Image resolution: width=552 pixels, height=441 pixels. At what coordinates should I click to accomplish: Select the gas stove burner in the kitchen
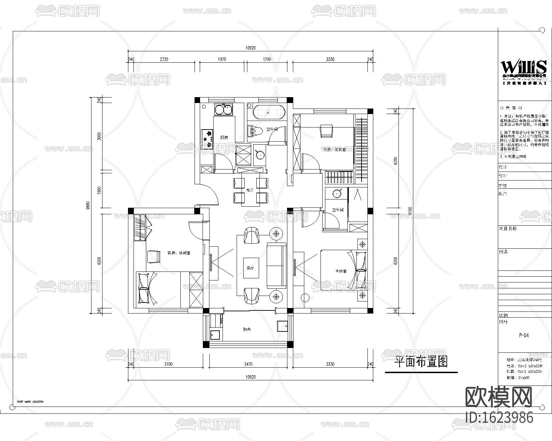click(207, 135)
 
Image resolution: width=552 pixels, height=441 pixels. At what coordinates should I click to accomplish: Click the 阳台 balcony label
click(247, 330)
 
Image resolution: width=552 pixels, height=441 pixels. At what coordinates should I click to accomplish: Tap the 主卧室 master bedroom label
click(341, 271)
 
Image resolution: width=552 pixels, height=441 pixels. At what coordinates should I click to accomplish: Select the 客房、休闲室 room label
click(179, 253)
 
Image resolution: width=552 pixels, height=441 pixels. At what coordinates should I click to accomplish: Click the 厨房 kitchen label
click(224, 137)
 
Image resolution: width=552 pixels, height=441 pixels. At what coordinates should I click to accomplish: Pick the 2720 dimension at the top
click(164, 59)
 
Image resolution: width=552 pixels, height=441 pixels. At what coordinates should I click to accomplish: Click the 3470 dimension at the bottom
click(248, 364)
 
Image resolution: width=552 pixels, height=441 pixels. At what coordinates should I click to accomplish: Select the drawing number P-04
click(524, 335)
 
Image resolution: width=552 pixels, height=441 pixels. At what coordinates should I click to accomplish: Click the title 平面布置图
click(421, 362)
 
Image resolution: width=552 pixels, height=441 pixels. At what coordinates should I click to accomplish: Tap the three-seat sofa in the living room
click(277, 265)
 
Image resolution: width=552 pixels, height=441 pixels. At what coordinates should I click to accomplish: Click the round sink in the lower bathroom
click(337, 193)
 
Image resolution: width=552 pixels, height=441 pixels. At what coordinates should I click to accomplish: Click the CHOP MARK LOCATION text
click(30, 402)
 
